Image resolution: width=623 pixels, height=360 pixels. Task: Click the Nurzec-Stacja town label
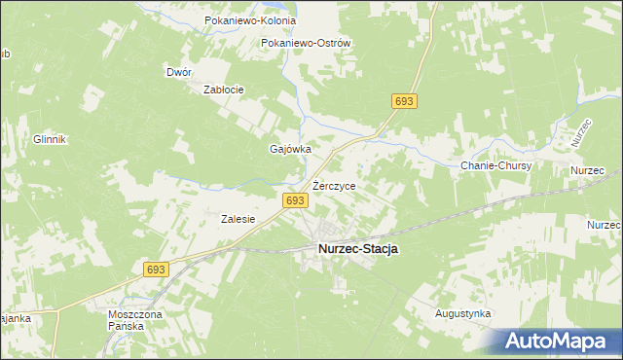(357, 249)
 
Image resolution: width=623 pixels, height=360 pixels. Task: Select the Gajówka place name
(289, 150)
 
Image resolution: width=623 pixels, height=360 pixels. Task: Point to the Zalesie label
(238, 219)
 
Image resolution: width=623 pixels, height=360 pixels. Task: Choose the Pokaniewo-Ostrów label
(306, 43)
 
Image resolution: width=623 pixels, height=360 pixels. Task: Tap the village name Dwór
(179, 72)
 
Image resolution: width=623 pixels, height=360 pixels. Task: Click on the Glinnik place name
(49, 139)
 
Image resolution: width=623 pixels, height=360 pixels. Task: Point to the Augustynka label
(463, 314)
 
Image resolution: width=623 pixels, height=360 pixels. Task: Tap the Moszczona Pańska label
(127, 320)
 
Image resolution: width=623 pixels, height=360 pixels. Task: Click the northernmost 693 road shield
(405, 101)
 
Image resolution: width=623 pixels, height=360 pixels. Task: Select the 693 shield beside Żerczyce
(296, 199)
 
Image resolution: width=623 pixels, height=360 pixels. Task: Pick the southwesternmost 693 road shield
(157, 269)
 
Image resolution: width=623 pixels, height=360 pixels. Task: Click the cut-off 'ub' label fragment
(5, 54)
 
